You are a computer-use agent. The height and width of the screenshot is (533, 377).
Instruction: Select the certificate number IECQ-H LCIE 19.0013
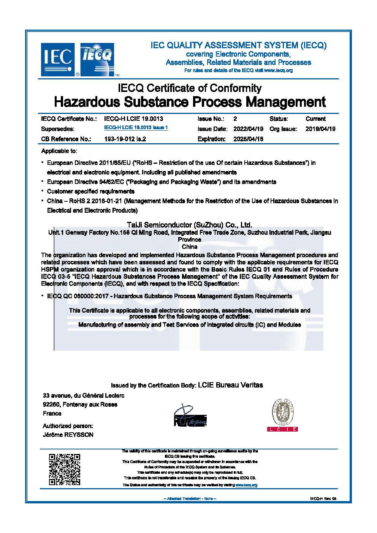[x=133, y=119]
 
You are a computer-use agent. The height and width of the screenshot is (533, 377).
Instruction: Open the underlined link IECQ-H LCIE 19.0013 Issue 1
[x=136, y=128]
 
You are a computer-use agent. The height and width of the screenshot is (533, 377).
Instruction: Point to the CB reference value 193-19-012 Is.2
[x=125, y=139]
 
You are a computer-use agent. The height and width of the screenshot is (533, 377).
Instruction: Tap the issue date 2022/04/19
[x=248, y=129]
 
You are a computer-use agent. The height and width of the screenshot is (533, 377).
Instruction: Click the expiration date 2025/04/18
[x=248, y=139]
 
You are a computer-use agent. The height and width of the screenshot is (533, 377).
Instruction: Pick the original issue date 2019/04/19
[x=320, y=129]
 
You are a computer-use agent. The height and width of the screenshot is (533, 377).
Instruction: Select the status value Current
[x=315, y=119]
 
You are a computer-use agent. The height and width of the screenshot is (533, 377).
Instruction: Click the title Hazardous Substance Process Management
[x=190, y=102]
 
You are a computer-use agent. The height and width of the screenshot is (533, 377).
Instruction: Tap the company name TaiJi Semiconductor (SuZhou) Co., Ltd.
[x=189, y=225]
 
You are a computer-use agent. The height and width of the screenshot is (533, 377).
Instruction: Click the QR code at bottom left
[x=65, y=469]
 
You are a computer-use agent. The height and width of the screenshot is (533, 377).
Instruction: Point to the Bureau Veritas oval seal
[x=282, y=413]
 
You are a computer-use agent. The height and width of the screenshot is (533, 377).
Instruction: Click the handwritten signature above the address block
[x=190, y=416]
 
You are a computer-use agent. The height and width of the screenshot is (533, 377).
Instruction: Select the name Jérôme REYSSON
[x=68, y=435]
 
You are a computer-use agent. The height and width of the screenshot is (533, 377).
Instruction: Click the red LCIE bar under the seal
[x=282, y=429]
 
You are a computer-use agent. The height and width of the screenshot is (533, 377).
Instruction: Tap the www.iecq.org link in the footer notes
[x=246, y=485]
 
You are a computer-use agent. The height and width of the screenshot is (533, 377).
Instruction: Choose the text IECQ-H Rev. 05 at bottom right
[x=323, y=498]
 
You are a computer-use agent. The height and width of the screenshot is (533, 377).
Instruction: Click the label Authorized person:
[x=68, y=426]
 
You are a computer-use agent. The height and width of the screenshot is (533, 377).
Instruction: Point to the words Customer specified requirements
[x=90, y=191]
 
